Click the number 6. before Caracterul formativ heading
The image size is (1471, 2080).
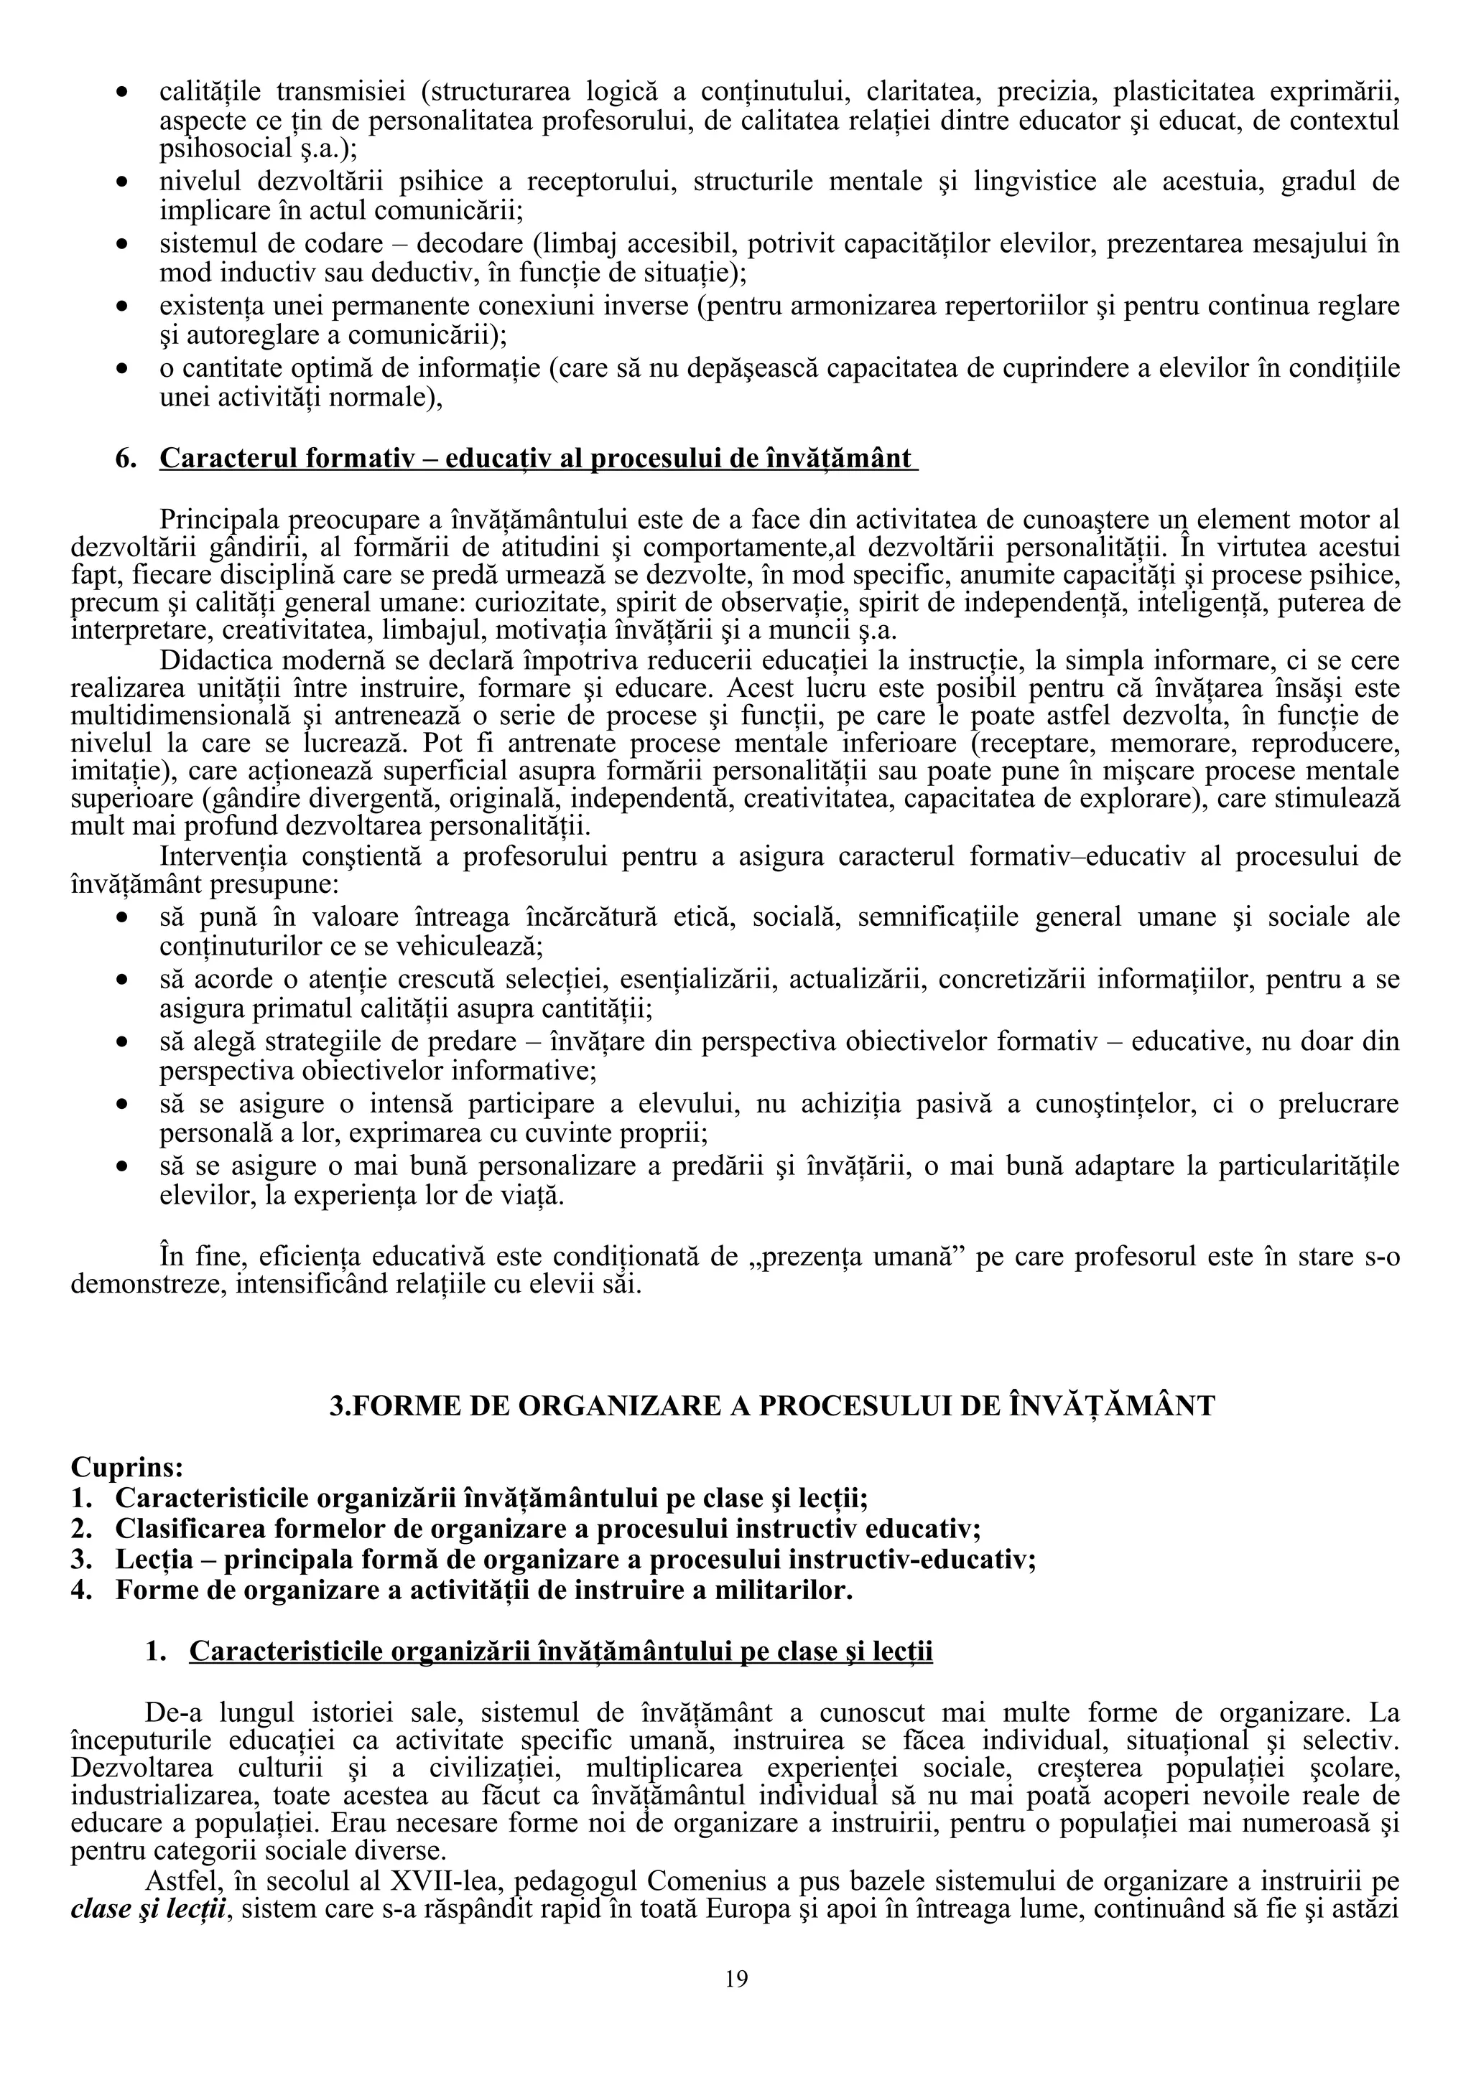pyautogui.click(x=125, y=459)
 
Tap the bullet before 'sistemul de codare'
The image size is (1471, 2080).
pyautogui.click(x=121, y=245)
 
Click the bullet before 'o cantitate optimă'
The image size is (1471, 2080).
pyautogui.click(x=121, y=369)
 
